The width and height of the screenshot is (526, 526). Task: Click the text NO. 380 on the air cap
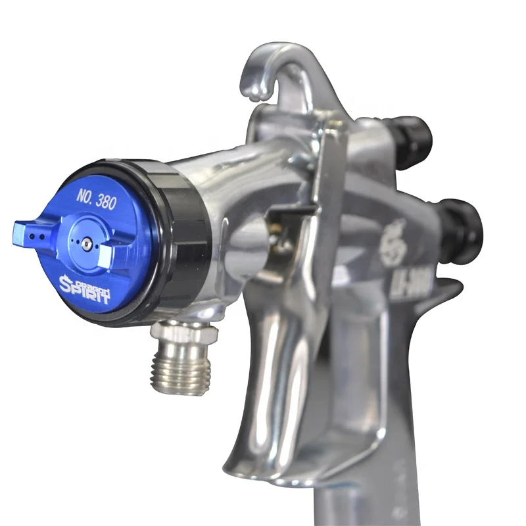tap(97, 199)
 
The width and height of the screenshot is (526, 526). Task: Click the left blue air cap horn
tap(29, 232)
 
